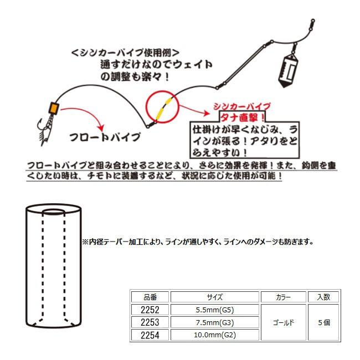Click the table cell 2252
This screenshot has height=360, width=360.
coord(149,310)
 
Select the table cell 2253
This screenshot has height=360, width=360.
coord(149,322)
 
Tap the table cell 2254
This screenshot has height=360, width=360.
coord(149,335)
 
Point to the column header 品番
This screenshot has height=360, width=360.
coord(149,297)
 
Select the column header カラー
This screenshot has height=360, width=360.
coord(282,297)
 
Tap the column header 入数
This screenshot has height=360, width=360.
coord(323,297)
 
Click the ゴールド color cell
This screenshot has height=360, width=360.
coord(282,322)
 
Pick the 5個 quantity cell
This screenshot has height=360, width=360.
coord(323,322)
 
